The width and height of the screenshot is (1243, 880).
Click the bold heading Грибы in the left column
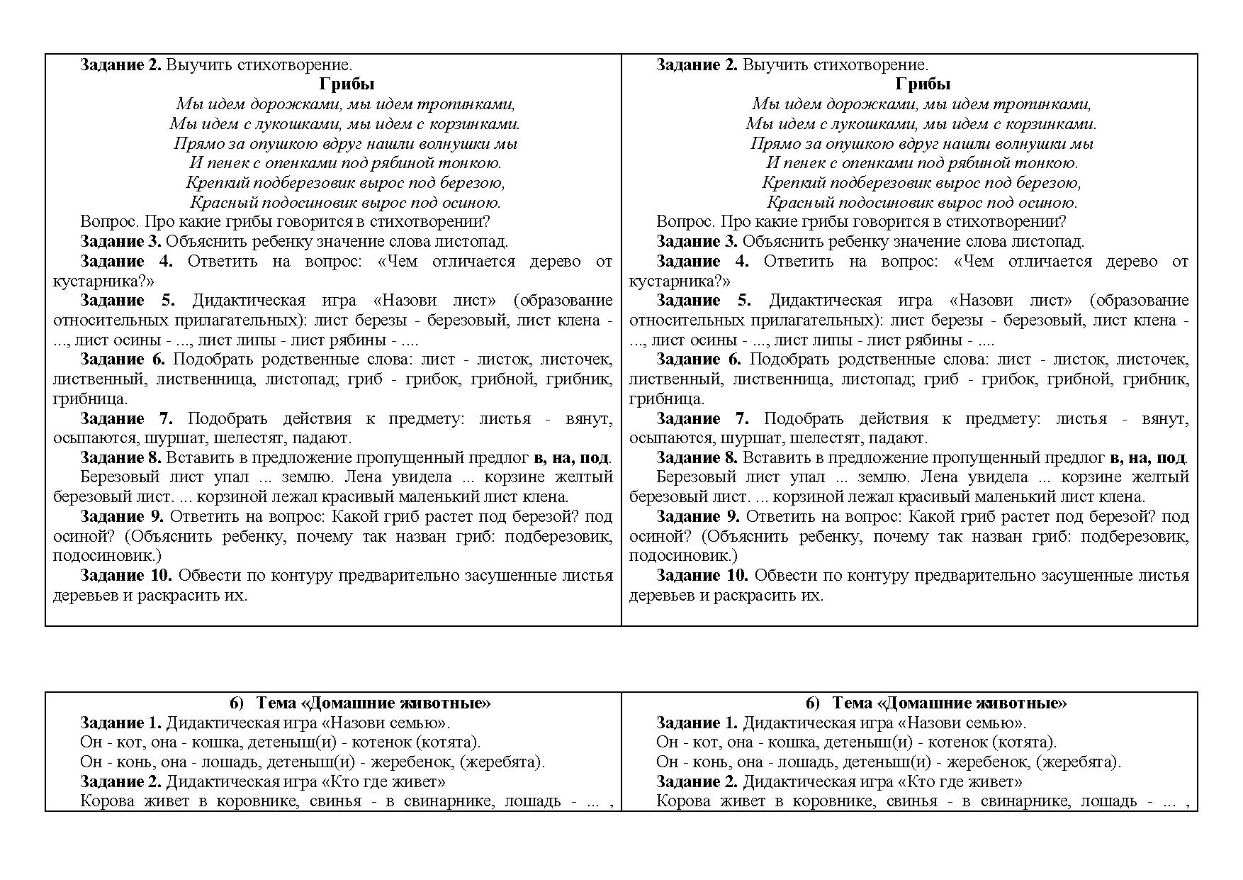coord(347,84)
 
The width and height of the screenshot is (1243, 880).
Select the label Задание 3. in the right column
coord(697,242)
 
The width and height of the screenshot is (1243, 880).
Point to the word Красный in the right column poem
coord(793,203)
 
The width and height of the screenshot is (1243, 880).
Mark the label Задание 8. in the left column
coord(120,458)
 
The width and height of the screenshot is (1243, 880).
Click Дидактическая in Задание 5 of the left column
coord(248,301)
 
